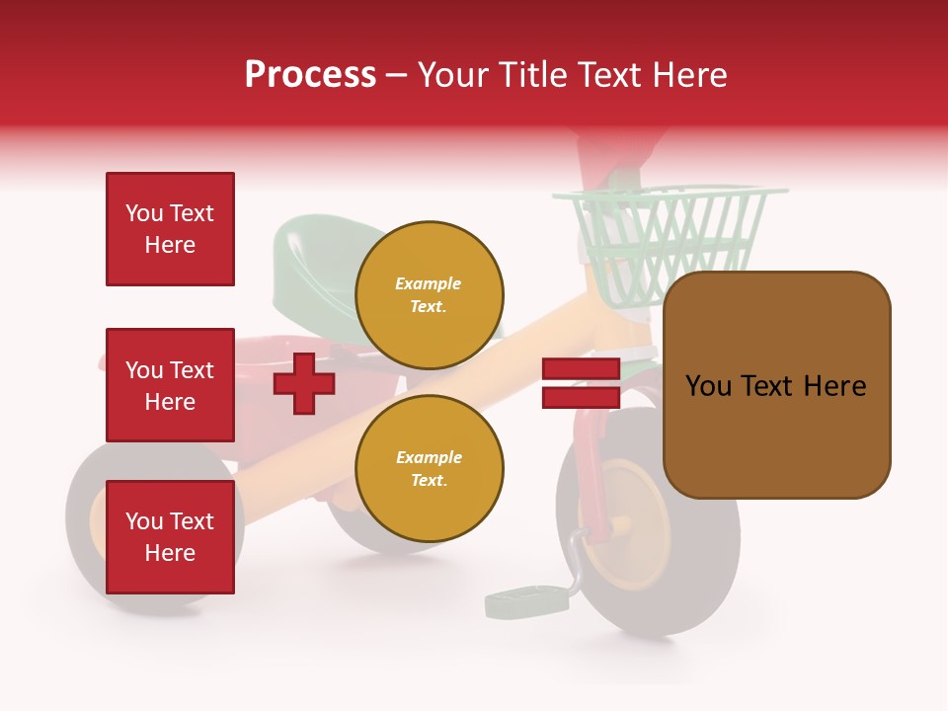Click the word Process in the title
(x=310, y=75)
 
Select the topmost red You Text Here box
(x=170, y=229)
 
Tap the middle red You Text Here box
(x=170, y=385)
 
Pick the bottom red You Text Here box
(x=170, y=536)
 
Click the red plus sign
(x=304, y=383)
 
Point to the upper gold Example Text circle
(x=429, y=295)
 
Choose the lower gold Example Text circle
(x=429, y=469)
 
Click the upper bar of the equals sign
(x=581, y=369)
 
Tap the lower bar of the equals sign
(x=581, y=397)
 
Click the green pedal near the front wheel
(x=524, y=599)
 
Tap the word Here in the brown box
(x=834, y=386)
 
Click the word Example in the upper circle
(x=429, y=283)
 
